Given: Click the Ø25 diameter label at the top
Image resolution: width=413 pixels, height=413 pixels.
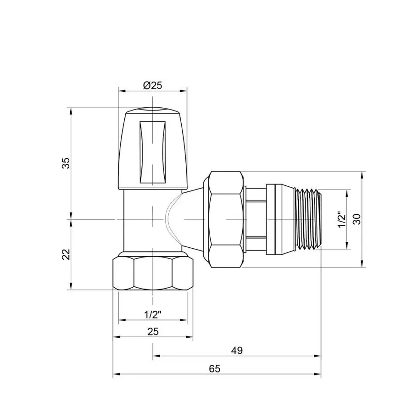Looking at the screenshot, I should [152, 85].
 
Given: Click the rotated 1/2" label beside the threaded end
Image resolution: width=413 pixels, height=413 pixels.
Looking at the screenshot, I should [340, 219].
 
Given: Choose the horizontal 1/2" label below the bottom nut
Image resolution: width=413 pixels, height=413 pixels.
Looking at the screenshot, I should [152, 315].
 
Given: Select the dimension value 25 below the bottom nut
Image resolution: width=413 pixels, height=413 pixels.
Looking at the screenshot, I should [152, 332].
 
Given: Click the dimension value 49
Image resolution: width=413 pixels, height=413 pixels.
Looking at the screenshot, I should [236, 351].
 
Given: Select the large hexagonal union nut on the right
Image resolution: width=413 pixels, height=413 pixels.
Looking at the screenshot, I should [225, 219].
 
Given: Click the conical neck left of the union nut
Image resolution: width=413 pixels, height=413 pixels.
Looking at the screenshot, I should [195, 219].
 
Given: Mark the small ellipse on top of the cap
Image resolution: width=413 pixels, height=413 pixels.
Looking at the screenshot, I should [152, 110].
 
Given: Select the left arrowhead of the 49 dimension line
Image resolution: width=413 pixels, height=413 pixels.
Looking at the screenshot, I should [155, 356].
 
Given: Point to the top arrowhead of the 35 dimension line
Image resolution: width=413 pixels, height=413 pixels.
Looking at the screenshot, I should [71, 111].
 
